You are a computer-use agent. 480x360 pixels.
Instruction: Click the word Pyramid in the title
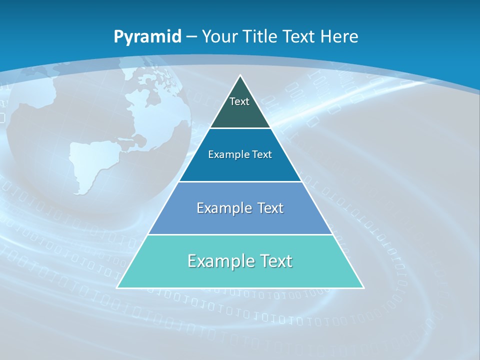[x=147, y=36]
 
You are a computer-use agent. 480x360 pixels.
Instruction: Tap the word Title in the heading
[x=261, y=36]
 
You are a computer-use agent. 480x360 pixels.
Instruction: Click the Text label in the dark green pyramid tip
[x=239, y=101]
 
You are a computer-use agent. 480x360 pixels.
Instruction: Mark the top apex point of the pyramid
[x=240, y=75]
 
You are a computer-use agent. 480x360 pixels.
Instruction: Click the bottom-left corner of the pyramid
[x=117, y=287]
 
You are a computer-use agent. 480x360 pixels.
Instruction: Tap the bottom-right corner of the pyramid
[x=363, y=287]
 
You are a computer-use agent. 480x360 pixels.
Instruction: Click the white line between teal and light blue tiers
[x=240, y=234]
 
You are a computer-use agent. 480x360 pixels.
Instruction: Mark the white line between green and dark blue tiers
[x=240, y=128]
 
